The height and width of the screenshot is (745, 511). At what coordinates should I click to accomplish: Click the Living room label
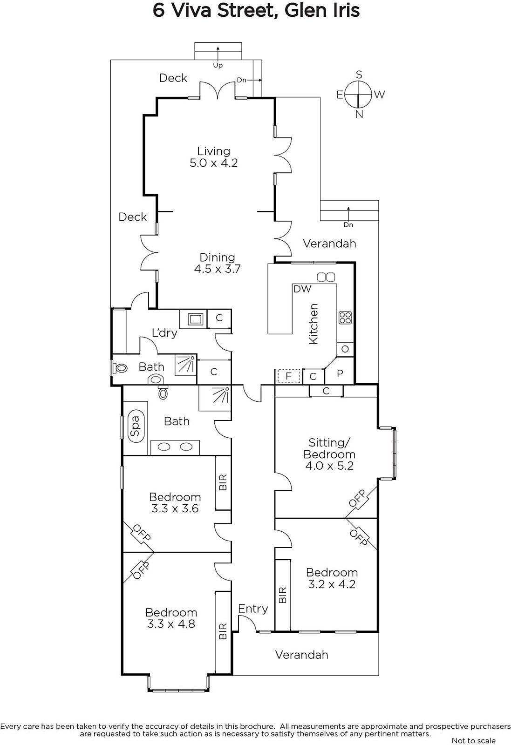(x=214, y=151)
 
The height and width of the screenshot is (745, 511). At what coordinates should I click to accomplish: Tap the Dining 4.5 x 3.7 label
(x=217, y=263)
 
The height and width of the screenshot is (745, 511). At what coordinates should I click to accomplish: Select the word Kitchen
(x=313, y=324)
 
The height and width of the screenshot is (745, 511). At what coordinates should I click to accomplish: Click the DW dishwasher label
(x=302, y=289)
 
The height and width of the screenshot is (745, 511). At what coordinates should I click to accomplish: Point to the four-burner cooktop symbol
(x=345, y=317)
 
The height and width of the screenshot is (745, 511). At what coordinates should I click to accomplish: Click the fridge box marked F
(x=289, y=376)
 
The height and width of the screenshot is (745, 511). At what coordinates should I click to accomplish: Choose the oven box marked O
(x=345, y=349)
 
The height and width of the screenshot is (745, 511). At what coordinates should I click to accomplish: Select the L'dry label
(x=164, y=332)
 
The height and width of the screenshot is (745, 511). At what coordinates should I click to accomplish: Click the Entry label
(x=253, y=609)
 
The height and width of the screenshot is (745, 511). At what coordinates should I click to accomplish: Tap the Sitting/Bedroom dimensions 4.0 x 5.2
(x=329, y=466)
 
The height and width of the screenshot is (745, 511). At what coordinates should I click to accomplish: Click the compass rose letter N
(x=359, y=115)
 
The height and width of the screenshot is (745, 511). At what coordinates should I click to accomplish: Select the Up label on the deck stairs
(x=218, y=66)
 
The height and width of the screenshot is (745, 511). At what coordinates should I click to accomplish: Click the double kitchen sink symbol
(x=326, y=277)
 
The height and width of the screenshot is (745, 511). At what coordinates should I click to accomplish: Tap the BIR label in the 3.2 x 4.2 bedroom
(x=282, y=595)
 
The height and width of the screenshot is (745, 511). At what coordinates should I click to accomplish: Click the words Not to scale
(x=473, y=740)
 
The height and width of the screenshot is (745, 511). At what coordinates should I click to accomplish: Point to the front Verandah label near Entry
(x=302, y=655)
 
